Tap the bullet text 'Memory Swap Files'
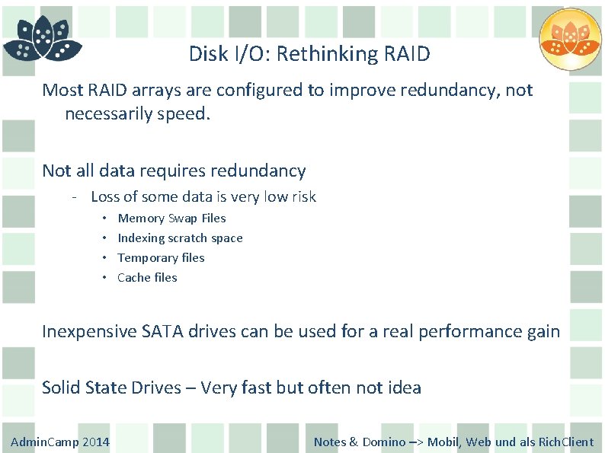(171, 218)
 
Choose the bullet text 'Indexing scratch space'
(180, 238)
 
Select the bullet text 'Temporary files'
(161, 257)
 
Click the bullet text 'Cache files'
(147, 277)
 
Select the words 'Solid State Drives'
(110, 388)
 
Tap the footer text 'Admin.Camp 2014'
(60, 442)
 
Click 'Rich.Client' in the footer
(565, 442)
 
